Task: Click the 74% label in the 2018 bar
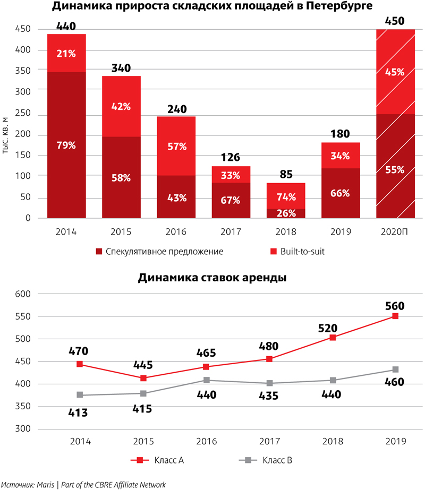286,196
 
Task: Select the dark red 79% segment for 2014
66,144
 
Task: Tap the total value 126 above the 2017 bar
231,157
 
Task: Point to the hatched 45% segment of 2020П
395,72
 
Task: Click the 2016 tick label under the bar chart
176,232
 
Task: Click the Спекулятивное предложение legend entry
159,251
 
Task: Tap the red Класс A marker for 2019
395,316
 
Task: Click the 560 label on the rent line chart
395,306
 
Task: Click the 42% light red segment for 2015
122,106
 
